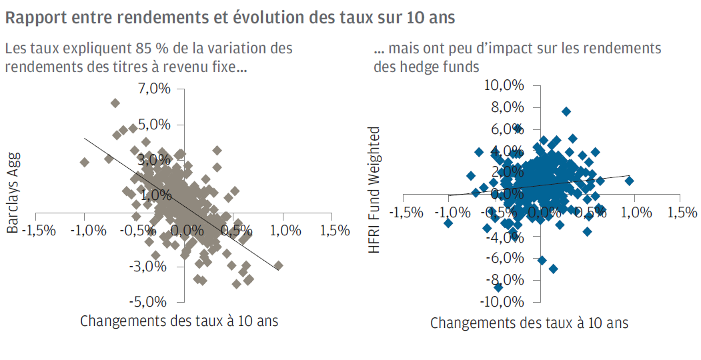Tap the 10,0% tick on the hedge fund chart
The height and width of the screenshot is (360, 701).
coord(505,86)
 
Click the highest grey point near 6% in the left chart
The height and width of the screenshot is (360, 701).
coord(115,103)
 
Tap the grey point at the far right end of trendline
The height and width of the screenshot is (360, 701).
coord(278,265)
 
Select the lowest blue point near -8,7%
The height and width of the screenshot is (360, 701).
coord(498,287)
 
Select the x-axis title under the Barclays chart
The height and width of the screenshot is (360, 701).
coord(179,321)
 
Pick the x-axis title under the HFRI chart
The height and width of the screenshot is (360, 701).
coord(529,323)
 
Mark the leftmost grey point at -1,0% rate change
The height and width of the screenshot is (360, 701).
coord(84,162)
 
